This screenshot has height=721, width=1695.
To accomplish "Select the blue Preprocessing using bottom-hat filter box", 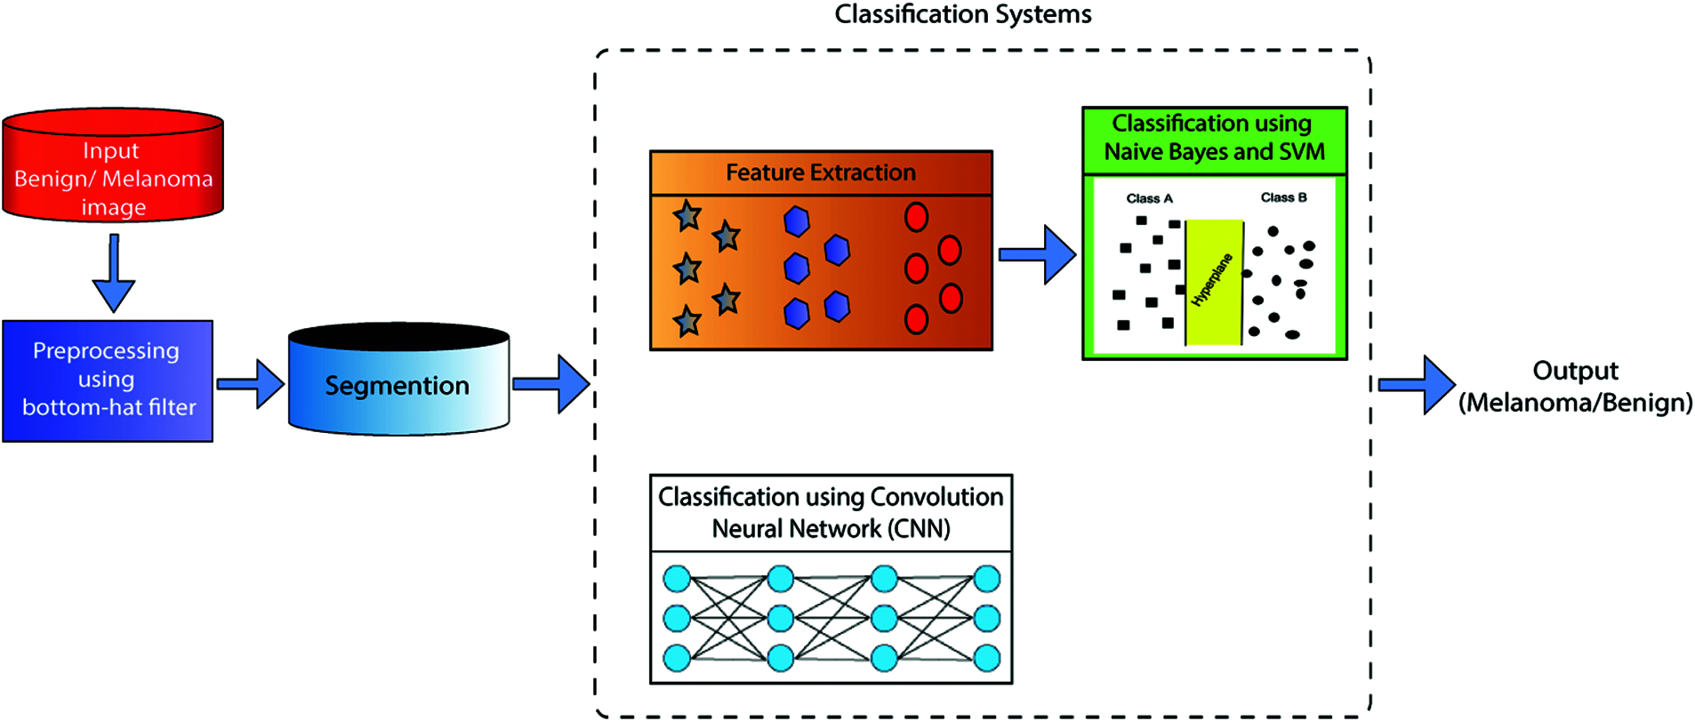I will click(x=108, y=381).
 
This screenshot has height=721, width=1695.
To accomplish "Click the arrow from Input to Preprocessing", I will click(x=114, y=274).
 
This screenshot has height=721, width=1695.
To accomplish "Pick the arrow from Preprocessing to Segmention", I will click(x=251, y=384).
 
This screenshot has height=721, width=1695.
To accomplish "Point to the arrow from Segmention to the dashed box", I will click(x=551, y=384).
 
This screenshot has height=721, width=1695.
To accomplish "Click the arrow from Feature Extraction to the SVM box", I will click(x=1037, y=255).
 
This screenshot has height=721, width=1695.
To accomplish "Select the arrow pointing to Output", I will click(x=1416, y=385).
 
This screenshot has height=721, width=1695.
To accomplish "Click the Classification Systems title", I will click(x=963, y=14).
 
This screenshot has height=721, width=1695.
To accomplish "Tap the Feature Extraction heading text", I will click(x=821, y=172).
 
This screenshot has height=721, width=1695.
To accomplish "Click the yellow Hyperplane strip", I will click(x=1214, y=282).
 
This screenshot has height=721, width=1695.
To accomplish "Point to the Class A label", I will click(x=1149, y=198).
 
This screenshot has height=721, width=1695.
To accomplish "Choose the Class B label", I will click(x=1283, y=197).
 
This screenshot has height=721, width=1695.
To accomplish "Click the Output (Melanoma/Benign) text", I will click(x=1575, y=387).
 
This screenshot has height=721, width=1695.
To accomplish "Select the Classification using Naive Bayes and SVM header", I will click(x=1214, y=138).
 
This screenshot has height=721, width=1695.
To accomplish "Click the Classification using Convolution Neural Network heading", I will click(x=831, y=513).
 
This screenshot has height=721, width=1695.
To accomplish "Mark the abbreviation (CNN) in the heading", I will click(x=920, y=529).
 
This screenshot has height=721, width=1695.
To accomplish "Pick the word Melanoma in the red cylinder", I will click(x=157, y=179).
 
